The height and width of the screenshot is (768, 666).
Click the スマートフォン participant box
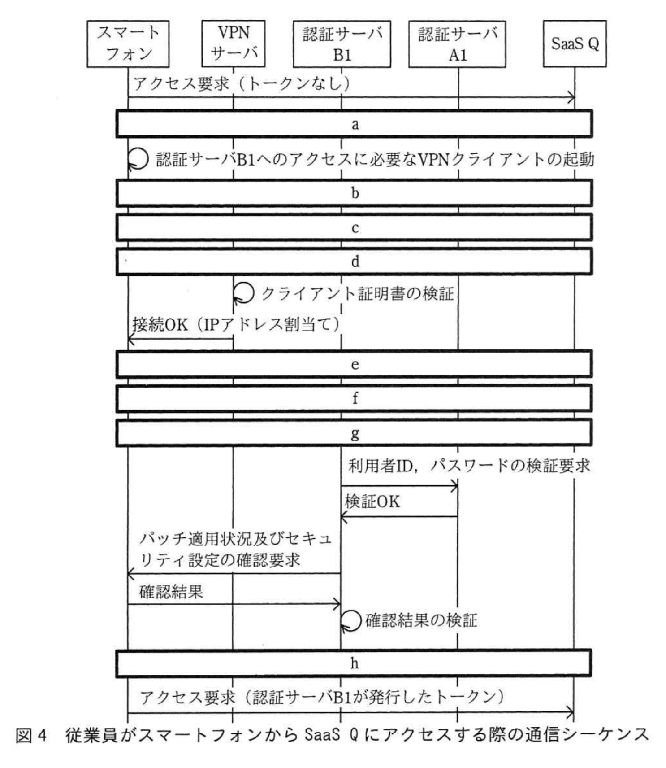[128, 44]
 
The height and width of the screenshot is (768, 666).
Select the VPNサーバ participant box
[233, 44]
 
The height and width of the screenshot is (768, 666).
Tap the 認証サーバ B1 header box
[342, 44]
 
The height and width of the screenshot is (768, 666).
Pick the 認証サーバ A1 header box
[457, 44]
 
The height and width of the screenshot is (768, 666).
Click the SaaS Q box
[575, 44]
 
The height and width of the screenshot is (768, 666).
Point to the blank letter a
[355, 124]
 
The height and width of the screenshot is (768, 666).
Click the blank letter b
[355, 193]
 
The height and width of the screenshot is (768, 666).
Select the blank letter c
[355, 227]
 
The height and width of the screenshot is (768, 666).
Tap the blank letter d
[355, 261]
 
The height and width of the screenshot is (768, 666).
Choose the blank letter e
[355, 364]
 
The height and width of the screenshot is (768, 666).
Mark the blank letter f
[355, 398]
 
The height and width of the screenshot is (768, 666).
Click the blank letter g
[355, 433]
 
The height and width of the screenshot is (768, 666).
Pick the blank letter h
[355, 663]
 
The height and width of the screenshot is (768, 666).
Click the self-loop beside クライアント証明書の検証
[244, 293]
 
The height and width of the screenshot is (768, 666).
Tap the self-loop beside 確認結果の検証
[351, 620]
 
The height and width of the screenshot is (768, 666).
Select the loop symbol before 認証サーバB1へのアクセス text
[138, 159]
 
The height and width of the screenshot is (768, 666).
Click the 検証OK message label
[372, 502]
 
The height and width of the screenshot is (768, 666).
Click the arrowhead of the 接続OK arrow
[130, 339]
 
